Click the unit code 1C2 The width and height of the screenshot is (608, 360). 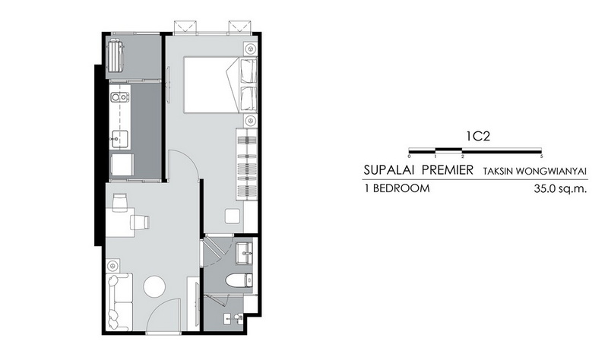478,136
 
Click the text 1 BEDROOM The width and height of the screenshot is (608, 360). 397,188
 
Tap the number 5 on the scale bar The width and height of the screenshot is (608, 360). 541,156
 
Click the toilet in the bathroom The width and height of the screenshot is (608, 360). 239,280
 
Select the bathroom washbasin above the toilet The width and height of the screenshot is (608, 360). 245,253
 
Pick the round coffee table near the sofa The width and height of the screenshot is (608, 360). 154,287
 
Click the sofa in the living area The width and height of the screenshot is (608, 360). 119,302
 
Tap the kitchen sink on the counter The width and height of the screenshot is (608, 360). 119,139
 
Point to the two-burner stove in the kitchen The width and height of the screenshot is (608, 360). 119,97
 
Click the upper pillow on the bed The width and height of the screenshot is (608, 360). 249,71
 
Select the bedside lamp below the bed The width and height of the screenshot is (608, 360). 251,121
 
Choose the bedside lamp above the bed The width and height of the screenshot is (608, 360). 251,49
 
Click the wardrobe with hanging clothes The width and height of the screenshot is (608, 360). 247,164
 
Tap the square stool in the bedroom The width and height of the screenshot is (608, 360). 233,216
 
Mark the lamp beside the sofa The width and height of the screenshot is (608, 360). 112,267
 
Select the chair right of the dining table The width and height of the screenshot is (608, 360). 140,222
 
